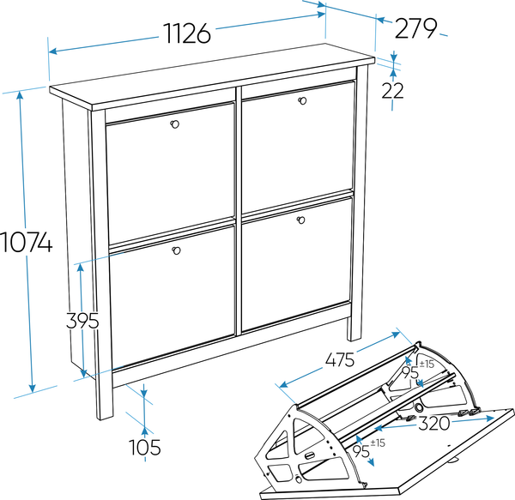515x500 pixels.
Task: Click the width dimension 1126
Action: [x=187, y=33]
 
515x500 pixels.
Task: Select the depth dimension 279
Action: [x=415, y=28]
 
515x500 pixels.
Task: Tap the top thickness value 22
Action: [x=392, y=91]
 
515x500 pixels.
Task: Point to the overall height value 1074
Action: [x=27, y=242]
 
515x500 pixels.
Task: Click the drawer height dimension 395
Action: [x=82, y=321]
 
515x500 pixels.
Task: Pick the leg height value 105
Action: [x=144, y=447]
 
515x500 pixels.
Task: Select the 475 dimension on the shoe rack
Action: [x=340, y=359]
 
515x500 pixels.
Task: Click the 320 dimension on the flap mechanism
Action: [x=433, y=423]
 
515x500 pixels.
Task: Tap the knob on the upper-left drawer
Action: [x=175, y=124]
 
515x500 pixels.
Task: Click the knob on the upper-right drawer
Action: [x=302, y=100]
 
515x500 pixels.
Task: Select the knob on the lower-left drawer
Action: [x=176, y=250]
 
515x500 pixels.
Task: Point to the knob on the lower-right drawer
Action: [x=301, y=220]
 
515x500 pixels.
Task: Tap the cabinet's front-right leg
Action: [x=354, y=328]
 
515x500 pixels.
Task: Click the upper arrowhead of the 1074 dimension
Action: [x=20, y=95]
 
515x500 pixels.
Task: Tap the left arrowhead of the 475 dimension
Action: [x=283, y=384]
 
